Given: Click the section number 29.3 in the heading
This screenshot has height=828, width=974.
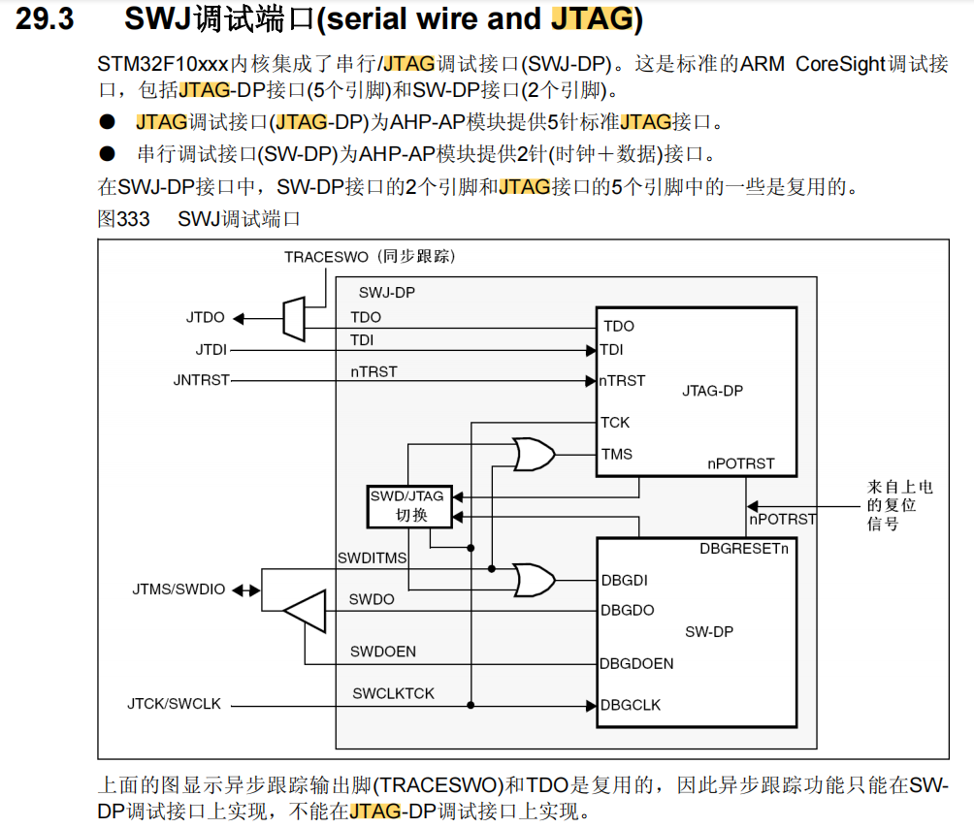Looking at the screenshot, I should click(45, 19).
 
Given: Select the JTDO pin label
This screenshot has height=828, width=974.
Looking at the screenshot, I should click(205, 317).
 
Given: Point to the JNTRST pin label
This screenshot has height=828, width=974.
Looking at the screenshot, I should click(201, 380).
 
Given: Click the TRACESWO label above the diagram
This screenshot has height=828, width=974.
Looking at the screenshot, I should click(326, 257).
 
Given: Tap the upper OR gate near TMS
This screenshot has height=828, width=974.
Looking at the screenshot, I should click(534, 454).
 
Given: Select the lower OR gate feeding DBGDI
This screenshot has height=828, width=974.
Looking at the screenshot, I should click(534, 580).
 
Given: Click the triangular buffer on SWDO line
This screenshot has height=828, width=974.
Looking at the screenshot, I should click(305, 611).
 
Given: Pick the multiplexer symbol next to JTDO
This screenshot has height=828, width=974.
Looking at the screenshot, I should click(294, 318).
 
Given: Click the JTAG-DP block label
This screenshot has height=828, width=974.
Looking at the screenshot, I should click(712, 391).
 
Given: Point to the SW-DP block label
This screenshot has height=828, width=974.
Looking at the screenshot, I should click(708, 631).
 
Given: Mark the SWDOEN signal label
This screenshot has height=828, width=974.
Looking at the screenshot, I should click(382, 652).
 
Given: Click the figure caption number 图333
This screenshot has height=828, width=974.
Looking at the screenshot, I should click(123, 219).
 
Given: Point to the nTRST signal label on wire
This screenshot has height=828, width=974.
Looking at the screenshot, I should click(373, 371).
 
